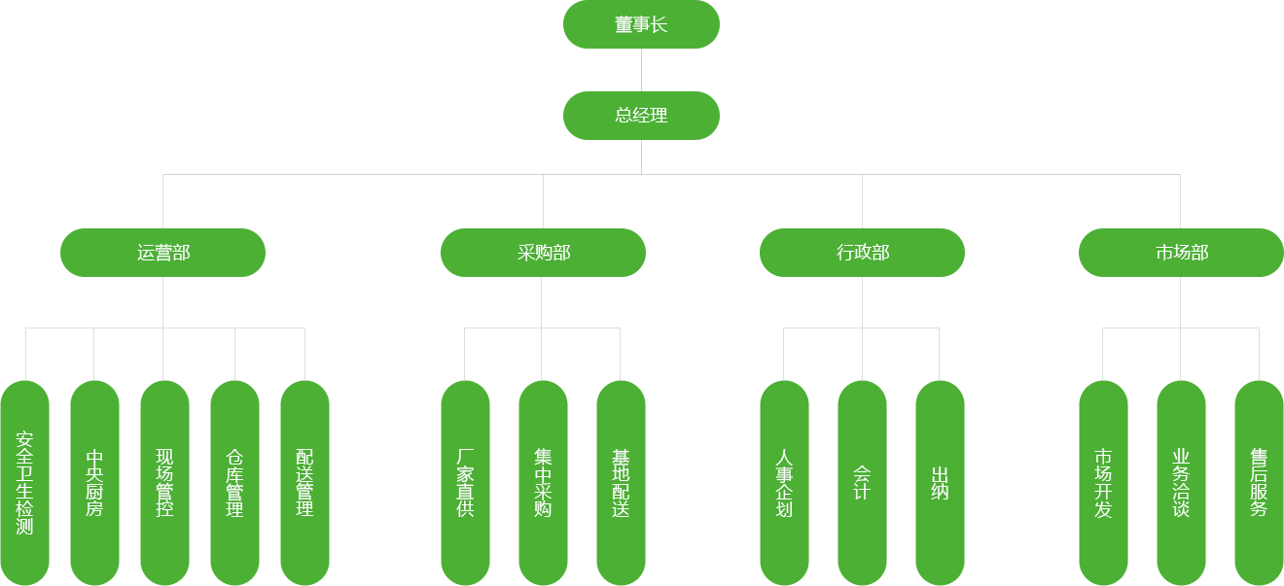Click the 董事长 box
coord(641,24)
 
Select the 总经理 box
coord(641,115)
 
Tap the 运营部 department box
coord(162,253)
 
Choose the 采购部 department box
coord(543,253)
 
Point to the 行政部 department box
coord(862,253)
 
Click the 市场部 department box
coord(1181,253)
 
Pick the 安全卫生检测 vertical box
coord(25,482)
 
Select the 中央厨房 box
coord(94,482)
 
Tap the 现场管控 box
coord(164,482)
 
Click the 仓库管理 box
coord(234,482)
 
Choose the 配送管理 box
coord(304,482)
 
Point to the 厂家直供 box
coord(465,482)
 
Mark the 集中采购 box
coord(543,482)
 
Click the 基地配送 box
coord(621,482)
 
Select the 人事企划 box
coord(784,482)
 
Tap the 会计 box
coord(862,482)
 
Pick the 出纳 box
coord(940,482)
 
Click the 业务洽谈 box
coord(1181,482)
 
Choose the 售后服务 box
coord(1259,482)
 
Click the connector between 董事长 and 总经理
coord(641,70)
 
